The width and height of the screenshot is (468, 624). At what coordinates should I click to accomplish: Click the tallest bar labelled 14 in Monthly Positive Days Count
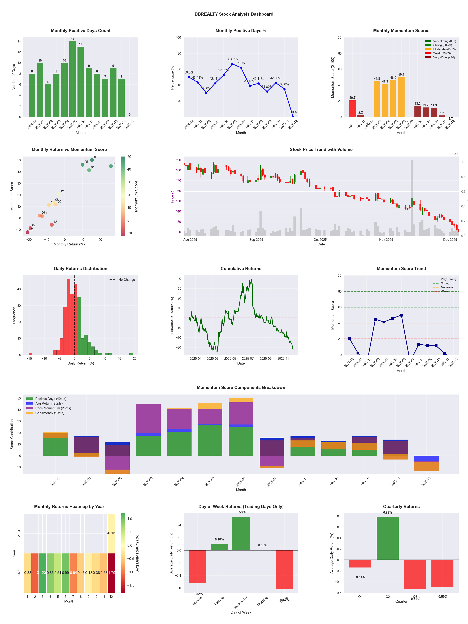point(72,79)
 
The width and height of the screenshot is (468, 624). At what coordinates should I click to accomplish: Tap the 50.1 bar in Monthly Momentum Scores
point(401,97)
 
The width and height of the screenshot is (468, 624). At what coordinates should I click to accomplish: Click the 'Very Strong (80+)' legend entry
point(444,41)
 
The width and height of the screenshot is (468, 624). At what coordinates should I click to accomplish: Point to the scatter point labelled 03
point(111,166)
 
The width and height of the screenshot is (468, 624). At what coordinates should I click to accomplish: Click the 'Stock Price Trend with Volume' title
point(321,150)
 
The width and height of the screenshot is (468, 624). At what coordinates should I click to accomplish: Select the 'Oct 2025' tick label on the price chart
point(320,240)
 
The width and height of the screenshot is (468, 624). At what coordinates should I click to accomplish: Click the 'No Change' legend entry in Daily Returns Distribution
point(126,280)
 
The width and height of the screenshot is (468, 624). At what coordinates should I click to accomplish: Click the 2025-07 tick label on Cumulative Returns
point(248,359)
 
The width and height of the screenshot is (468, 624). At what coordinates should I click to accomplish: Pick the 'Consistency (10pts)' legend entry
point(50,413)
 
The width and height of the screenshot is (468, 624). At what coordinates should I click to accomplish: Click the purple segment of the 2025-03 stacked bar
point(148,419)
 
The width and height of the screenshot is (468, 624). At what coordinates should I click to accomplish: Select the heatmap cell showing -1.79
point(111,573)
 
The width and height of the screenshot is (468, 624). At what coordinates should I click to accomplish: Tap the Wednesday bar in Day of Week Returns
point(241,534)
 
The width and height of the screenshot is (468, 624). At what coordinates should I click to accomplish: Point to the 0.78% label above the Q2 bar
point(388,513)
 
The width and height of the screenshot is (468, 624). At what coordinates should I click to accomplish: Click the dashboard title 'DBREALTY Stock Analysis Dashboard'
point(234,14)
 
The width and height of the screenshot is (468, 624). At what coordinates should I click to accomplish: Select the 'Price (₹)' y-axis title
point(172,196)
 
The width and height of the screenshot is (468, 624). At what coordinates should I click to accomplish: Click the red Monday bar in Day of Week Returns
point(197,566)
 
